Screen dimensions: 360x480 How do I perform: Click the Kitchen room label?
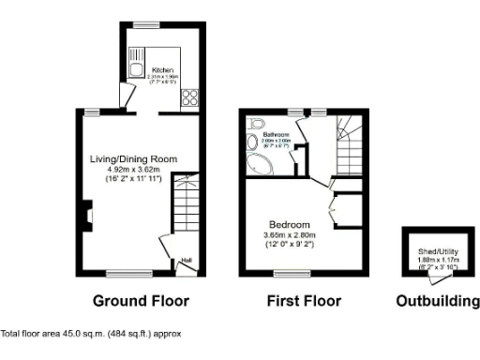tap(162, 70)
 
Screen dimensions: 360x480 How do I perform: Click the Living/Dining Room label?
tap(133, 158)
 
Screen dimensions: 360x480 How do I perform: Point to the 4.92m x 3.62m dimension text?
tap(134, 170)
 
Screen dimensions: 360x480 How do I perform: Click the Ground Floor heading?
tap(141, 301)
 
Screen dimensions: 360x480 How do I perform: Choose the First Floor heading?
tap(305, 301)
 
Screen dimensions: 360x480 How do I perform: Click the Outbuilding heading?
tap(438, 301)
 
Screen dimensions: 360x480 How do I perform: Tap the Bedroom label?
tap(289, 226)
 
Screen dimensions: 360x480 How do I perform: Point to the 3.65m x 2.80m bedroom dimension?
tap(289, 236)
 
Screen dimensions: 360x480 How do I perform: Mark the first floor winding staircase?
tap(347, 141)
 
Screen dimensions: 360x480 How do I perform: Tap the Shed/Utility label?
tap(437, 253)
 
